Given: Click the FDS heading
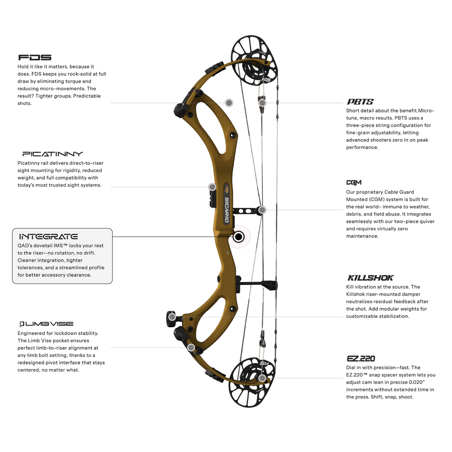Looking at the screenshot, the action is pos(35,57).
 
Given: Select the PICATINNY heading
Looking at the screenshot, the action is pos(53,154).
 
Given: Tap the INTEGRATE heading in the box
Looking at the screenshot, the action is pos(49,237).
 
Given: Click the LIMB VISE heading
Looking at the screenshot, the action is pos(46,324).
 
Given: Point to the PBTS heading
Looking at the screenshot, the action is pos(360,102).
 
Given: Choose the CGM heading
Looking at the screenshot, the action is pos(354,182).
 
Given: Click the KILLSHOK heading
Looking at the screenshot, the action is pos(370,278).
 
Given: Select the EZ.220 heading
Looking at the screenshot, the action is pos(361,358).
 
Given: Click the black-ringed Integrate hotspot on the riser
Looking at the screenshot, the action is pos(238,237).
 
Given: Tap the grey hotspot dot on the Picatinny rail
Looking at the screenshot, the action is pos(212,187).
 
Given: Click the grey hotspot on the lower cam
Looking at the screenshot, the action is pos(262,378).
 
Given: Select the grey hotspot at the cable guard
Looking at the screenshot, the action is pos(262,210).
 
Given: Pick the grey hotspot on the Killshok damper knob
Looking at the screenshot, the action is pos(172,317).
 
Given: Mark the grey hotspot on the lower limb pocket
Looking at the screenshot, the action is pos(191,348).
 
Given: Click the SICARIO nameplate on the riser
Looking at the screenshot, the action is pos(227,203).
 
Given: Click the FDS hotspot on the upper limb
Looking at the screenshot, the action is pos(229,103).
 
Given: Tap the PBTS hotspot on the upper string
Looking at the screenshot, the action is pos(262,103).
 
